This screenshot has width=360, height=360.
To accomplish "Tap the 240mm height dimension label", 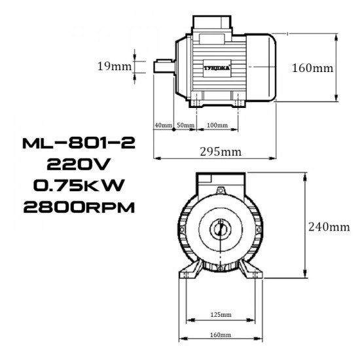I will click(329, 227).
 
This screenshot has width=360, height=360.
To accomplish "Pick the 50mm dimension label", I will click(185, 124).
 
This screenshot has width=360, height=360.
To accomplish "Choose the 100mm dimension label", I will click(217, 124).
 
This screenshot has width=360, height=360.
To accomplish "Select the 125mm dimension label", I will click(220, 315).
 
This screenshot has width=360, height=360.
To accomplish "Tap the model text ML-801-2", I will click(78, 143).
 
